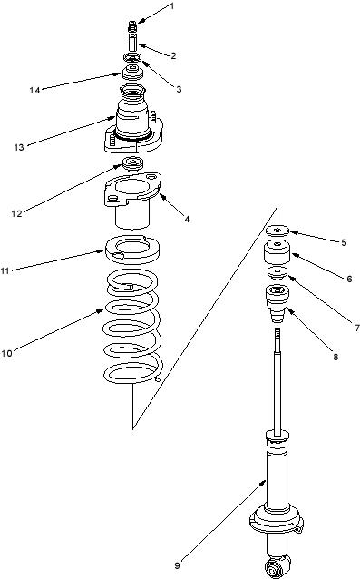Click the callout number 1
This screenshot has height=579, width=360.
tap(171, 6)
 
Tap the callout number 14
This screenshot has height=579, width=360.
tap(34, 90)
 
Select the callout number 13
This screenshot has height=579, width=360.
tap(19, 147)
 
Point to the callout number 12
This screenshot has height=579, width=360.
tap(16, 213)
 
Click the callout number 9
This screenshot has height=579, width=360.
tap(177, 565)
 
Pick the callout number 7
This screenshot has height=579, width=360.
tap(357, 328)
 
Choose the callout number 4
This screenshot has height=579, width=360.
tap(187, 219)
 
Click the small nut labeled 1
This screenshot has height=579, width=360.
tap(132, 26)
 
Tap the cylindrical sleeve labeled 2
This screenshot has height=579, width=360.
tap(132, 43)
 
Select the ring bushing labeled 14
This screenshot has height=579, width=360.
tap(132, 72)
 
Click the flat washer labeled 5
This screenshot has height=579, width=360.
tap(277, 231)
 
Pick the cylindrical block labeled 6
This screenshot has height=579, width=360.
tap(277, 251)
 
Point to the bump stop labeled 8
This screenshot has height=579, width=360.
tap(277, 304)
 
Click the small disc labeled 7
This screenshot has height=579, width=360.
tap(277, 274)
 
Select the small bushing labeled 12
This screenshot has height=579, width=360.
tap(132, 164)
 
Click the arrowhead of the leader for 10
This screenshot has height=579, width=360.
tap(103, 309)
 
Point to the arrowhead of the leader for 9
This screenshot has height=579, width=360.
tap(265, 481)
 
